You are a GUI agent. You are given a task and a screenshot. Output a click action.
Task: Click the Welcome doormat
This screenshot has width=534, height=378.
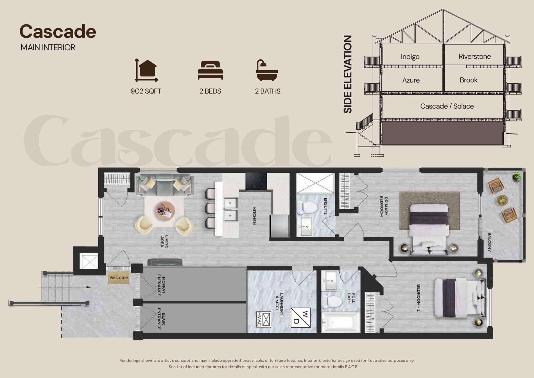click(118, 277)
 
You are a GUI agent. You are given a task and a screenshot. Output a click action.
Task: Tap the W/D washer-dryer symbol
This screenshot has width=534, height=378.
click(301, 318)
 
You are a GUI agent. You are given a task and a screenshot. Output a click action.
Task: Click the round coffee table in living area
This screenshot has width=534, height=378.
click(165, 210)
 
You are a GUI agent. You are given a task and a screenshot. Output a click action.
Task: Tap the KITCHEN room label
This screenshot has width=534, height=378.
click(254, 216)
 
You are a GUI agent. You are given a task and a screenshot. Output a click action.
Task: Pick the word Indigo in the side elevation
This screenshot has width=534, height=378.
click(410, 57)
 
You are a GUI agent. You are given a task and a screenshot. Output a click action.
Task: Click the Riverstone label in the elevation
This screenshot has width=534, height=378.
click(474, 56)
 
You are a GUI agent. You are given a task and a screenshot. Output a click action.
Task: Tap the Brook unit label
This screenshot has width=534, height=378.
click(468, 80)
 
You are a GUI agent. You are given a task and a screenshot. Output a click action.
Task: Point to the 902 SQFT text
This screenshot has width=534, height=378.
click(146, 91)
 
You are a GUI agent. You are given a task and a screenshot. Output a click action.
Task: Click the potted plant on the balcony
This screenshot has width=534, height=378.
click(516, 177)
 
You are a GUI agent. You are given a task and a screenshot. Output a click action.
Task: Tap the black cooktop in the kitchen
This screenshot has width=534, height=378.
click(256, 181)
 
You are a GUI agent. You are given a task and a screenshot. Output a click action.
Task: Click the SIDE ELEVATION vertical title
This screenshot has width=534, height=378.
click(348, 74)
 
